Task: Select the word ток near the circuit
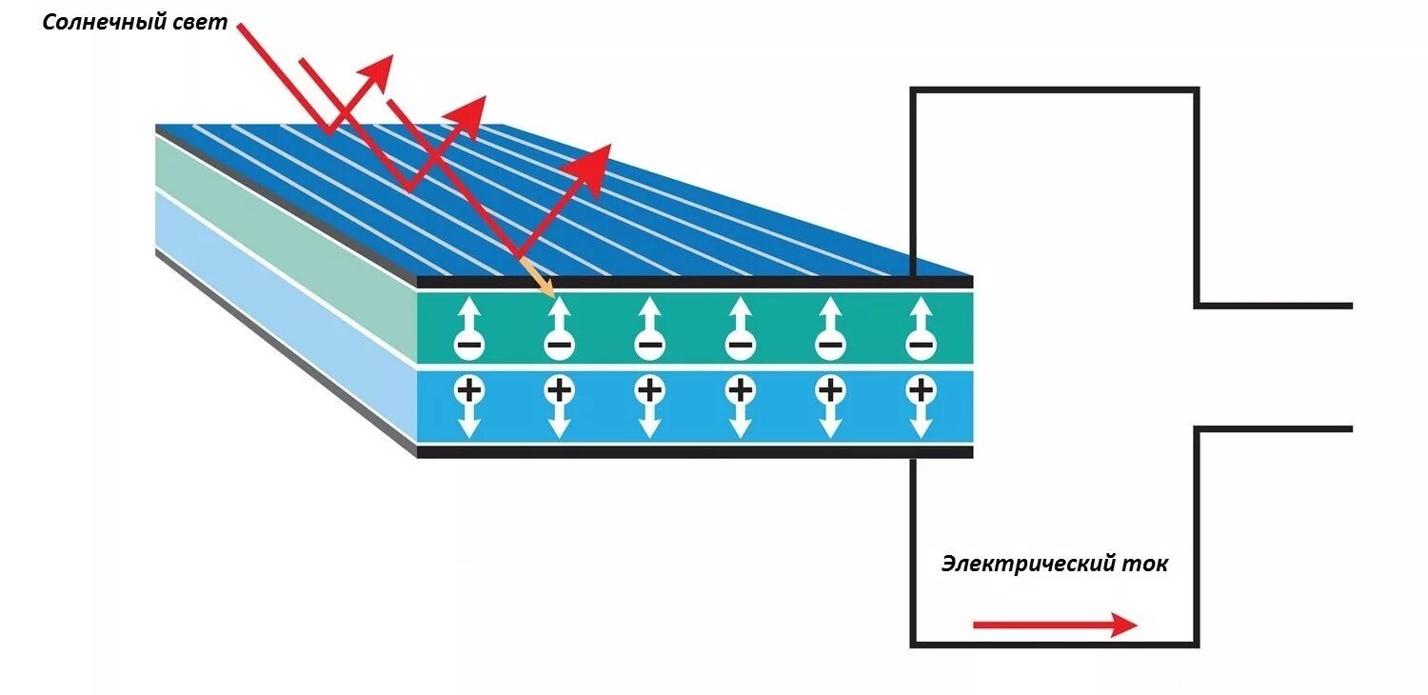(x=1146, y=564)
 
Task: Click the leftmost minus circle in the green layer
(x=467, y=344)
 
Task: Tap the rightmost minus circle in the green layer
(x=920, y=344)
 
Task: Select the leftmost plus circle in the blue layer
(x=467, y=388)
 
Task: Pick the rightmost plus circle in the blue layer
(x=920, y=388)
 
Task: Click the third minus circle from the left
(x=649, y=344)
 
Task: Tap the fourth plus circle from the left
(x=740, y=388)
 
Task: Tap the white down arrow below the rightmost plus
(x=920, y=424)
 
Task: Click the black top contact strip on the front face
(x=695, y=282)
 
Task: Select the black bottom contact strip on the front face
(x=695, y=452)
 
